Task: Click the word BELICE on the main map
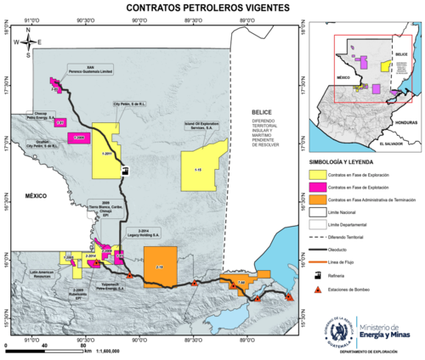(258, 113)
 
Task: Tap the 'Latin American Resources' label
(42, 273)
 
